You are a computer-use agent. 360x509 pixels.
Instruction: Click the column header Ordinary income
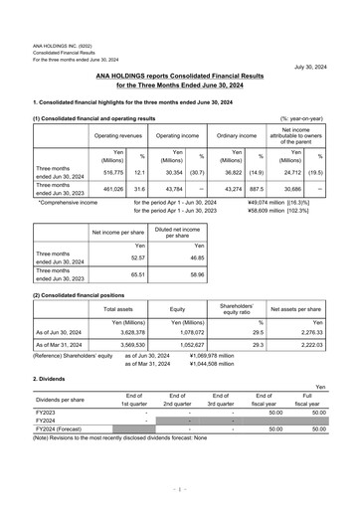(x=237, y=135)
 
